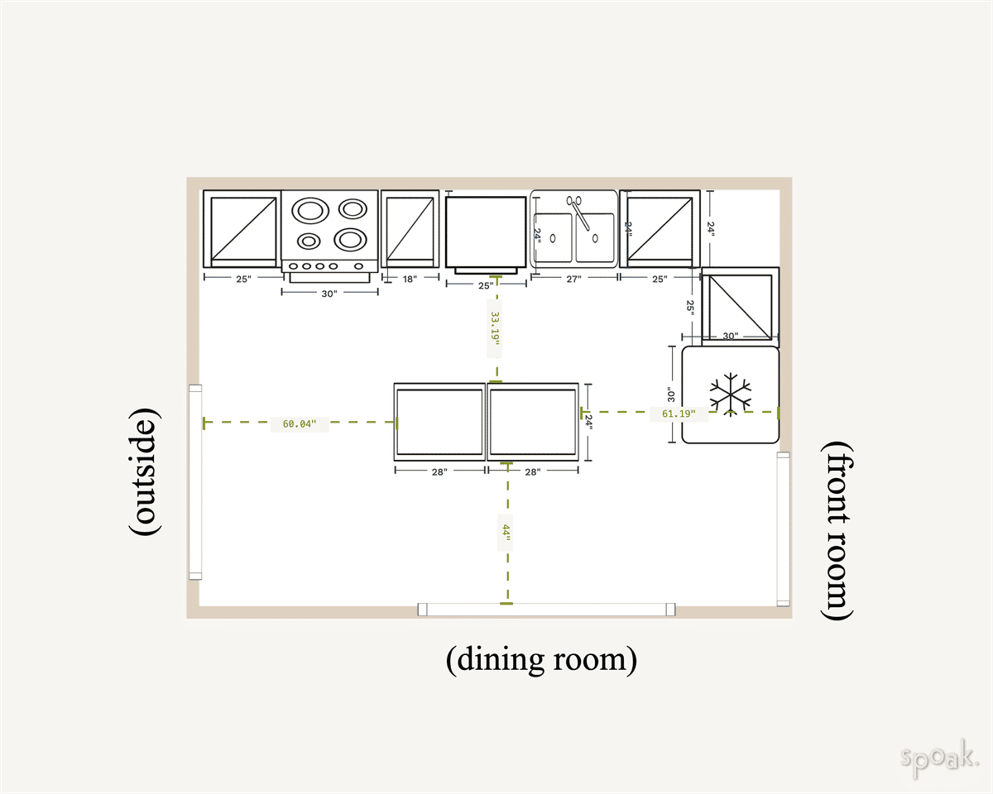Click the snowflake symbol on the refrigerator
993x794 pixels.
[x=730, y=394]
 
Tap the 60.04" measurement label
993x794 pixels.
[x=299, y=423]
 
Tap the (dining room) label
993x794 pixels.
[x=542, y=659]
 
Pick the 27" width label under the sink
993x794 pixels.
[x=573, y=280]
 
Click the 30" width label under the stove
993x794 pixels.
[x=329, y=294]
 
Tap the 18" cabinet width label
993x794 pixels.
[x=410, y=280]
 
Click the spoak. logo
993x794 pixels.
[x=940, y=758]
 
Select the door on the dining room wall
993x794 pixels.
[x=546, y=610]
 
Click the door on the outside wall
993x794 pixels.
[x=195, y=481]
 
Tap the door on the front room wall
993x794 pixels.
[x=783, y=529]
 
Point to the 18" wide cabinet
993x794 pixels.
[x=410, y=228]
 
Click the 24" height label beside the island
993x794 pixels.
[x=589, y=422]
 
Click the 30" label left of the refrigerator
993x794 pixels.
[x=671, y=395]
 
